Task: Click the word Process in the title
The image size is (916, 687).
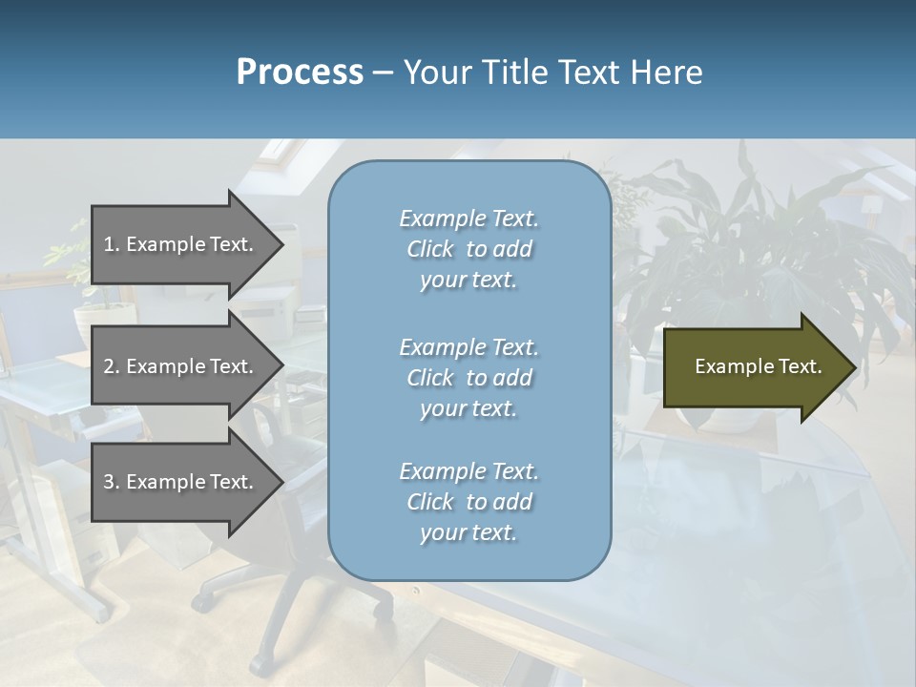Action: click(300, 73)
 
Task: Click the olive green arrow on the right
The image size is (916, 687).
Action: click(744, 366)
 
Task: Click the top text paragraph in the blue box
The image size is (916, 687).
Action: click(468, 249)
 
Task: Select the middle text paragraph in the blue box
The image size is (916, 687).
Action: click(468, 377)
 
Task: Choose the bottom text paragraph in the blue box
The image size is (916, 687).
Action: click(468, 502)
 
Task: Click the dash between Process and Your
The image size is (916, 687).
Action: click(384, 73)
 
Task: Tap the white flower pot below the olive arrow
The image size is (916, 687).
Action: click(735, 418)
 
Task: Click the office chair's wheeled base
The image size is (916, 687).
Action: click(286, 611)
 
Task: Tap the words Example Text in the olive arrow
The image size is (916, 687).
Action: click(758, 366)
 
